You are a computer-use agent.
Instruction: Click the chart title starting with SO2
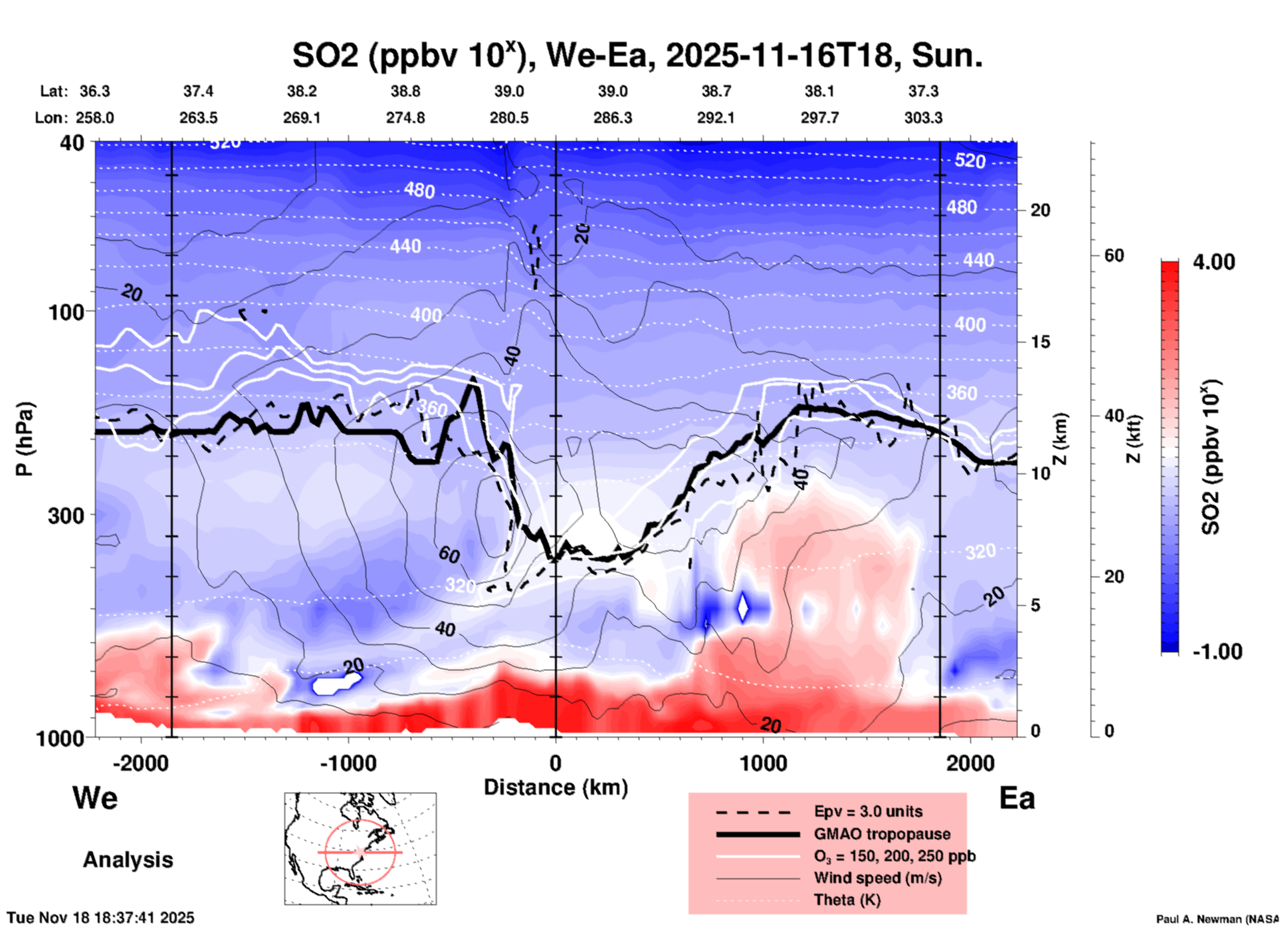(x=637, y=55)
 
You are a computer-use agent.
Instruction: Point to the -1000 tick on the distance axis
(x=348, y=763)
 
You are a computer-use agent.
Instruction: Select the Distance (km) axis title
(x=556, y=787)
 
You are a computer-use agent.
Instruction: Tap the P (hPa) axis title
(x=25, y=439)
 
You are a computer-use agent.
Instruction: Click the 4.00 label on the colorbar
(x=1214, y=262)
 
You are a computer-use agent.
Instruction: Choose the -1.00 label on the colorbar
(x=1217, y=652)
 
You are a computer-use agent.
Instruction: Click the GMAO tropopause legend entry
(x=882, y=834)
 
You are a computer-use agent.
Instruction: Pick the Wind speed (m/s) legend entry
(x=877, y=878)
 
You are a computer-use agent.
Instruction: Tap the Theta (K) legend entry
(x=847, y=900)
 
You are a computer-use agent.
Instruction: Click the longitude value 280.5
(x=509, y=118)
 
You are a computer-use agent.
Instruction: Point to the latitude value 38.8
(x=405, y=91)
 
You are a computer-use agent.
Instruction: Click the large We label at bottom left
(x=95, y=798)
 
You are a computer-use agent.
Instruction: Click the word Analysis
(x=128, y=860)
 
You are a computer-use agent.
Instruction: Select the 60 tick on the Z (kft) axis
(x=1114, y=255)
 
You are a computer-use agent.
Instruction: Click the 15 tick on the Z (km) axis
(x=1040, y=342)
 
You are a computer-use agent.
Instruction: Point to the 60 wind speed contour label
(x=449, y=553)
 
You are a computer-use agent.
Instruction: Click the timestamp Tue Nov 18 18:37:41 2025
(x=101, y=918)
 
